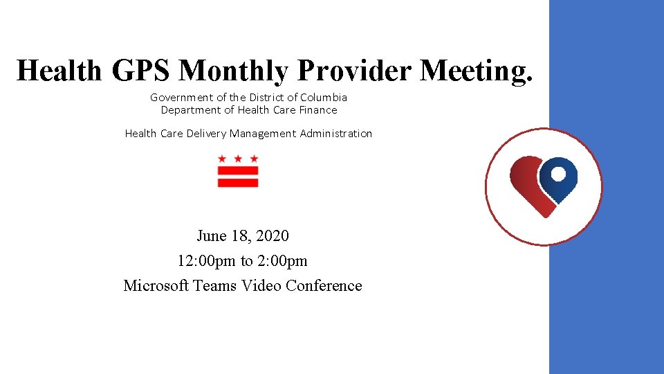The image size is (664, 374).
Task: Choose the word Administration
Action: tap(336, 134)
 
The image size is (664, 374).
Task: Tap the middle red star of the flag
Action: tap(238, 159)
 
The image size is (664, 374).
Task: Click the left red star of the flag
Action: tap(222, 159)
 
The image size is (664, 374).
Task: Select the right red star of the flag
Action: tap(254, 159)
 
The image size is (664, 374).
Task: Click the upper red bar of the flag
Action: tap(238, 170)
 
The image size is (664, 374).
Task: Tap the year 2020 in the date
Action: tap(273, 236)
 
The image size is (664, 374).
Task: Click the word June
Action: tap(212, 236)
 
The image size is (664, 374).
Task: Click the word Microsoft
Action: tap(156, 286)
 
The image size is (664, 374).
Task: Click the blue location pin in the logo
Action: tap(559, 178)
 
